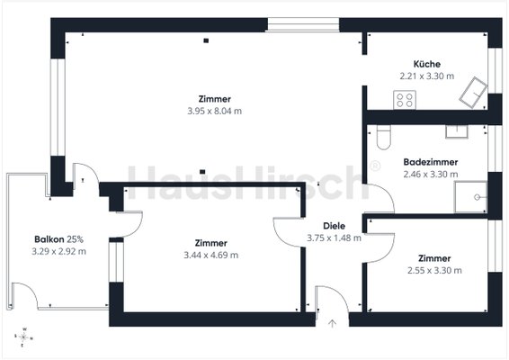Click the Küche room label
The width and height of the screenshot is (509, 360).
pos(427,64)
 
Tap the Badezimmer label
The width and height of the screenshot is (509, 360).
pos(431,162)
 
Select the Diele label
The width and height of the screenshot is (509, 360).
pos(334,226)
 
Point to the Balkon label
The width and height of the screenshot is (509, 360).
pos(49,239)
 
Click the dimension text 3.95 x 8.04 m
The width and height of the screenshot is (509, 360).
pos(215,111)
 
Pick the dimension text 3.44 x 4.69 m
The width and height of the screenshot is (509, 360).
pos(211,255)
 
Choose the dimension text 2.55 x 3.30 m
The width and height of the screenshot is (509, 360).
pos(434,270)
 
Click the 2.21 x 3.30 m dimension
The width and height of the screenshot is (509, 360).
pos(427,76)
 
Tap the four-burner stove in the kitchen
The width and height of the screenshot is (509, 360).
pos(405,100)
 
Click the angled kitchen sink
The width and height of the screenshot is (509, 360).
pos(473,93)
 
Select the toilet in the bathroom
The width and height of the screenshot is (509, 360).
pos(384,137)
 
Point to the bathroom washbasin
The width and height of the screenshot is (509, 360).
pos(457,131)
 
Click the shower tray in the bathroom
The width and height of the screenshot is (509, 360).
pos(470,197)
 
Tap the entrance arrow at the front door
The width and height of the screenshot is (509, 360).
pos(332,324)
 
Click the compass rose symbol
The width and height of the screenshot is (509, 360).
pos(23,337)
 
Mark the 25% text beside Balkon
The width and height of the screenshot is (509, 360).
pos(75,239)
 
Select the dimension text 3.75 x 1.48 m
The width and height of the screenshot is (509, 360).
pos(334,238)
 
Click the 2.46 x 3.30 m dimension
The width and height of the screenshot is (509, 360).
pos(431,175)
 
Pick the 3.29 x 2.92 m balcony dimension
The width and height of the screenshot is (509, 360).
pos(58,251)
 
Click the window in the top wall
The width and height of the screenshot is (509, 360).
pos(303,24)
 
